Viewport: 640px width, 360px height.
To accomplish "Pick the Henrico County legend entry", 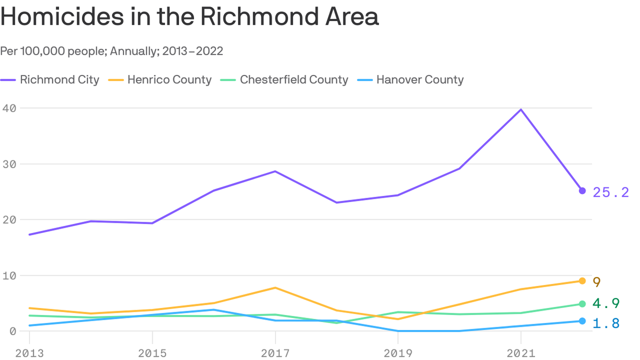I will [x=162, y=80].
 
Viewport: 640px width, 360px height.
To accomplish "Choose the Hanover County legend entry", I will [x=412, y=80].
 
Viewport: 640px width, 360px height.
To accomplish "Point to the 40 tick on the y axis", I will [x=9, y=108].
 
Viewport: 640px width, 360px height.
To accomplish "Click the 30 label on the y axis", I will [x=9, y=164].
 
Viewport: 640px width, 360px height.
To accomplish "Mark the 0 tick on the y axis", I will [x=12, y=331].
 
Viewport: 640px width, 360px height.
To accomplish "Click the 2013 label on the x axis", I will [x=30, y=353].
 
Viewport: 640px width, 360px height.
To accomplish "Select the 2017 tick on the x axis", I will [x=275, y=353].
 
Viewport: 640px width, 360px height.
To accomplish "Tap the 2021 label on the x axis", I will [x=521, y=353].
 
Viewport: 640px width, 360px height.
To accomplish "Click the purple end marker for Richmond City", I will [x=582, y=191].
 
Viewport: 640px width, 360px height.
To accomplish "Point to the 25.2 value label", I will [x=611, y=192].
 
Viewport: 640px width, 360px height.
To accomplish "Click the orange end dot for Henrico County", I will [x=582, y=281].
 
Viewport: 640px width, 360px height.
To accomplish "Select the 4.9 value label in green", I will [x=606, y=303].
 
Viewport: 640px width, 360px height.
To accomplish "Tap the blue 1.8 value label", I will [x=606, y=323].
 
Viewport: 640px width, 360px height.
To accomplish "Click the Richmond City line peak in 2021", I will [x=521, y=110].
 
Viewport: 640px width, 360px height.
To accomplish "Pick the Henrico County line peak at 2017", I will [x=275, y=288].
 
